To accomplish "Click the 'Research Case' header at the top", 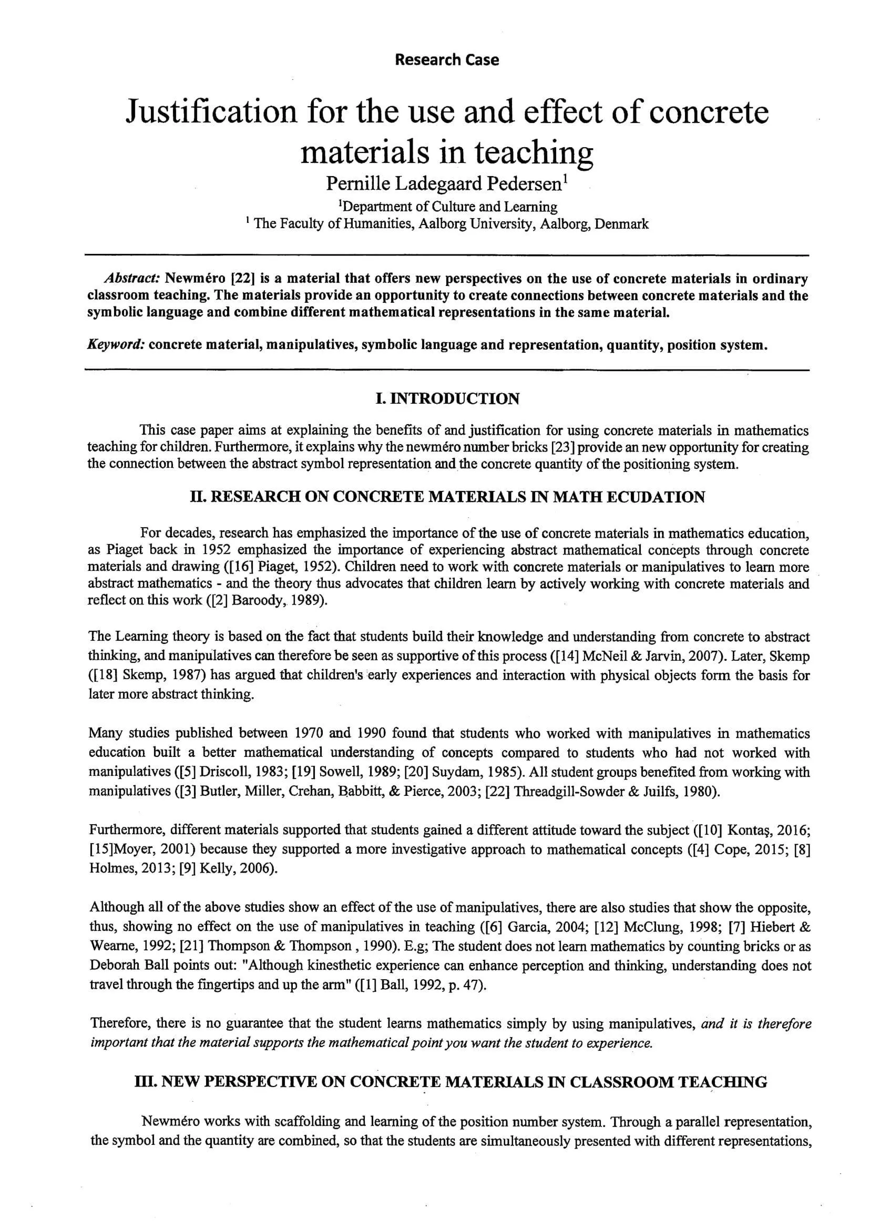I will point(446,59).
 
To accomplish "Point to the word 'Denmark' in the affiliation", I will point(621,224).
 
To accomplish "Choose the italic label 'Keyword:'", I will point(116,344).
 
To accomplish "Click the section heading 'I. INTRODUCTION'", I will point(447,398).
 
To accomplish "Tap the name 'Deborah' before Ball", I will point(112,966).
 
